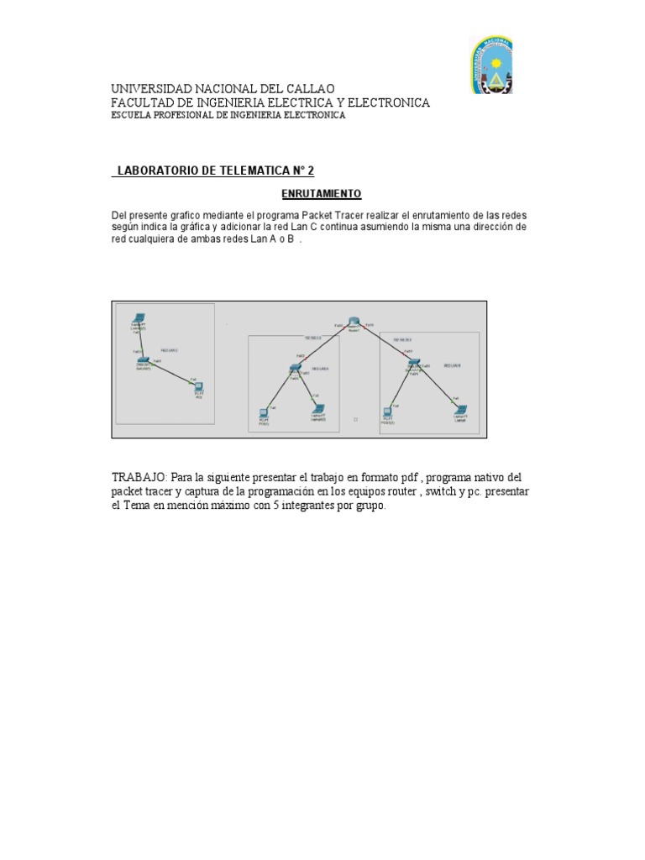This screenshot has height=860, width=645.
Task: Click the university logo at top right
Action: pyautogui.click(x=490, y=65)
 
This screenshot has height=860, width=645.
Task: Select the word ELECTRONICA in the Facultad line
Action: pyautogui.click(x=388, y=102)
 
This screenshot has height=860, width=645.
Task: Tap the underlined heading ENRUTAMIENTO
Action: pyautogui.click(x=321, y=194)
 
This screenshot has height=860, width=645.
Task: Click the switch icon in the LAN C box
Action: pyautogui.click(x=144, y=360)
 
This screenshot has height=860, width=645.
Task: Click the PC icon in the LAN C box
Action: pyautogui.click(x=199, y=387)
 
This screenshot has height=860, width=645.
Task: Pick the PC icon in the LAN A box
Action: pyautogui.click(x=264, y=412)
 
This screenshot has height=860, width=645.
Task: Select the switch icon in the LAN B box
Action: pyautogui.click(x=413, y=363)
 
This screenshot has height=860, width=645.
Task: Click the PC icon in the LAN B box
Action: pyautogui.click(x=387, y=412)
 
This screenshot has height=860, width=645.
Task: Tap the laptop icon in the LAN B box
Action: pyautogui.click(x=460, y=410)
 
